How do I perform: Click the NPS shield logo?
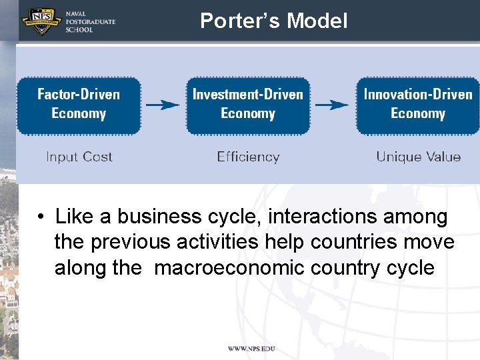[x=41, y=21]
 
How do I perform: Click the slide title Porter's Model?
[x=273, y=21]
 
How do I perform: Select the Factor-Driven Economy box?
[x=79, y=105]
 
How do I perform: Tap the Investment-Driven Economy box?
[x=248, y=105]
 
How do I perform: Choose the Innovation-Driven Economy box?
[x=418, y=105]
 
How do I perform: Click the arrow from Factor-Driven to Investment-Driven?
[x=163, y=105]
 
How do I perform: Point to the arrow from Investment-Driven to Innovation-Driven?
[x=332, y=105]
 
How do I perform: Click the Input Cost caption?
[x=79, y=157]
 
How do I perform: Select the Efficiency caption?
[x=248, y=157]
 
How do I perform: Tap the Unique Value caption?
[x=418, y=157]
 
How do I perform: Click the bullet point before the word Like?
[x=41, y=217]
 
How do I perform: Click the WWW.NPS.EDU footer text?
[x=251, y=349]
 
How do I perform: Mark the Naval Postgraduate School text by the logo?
[x=90, y=21]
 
